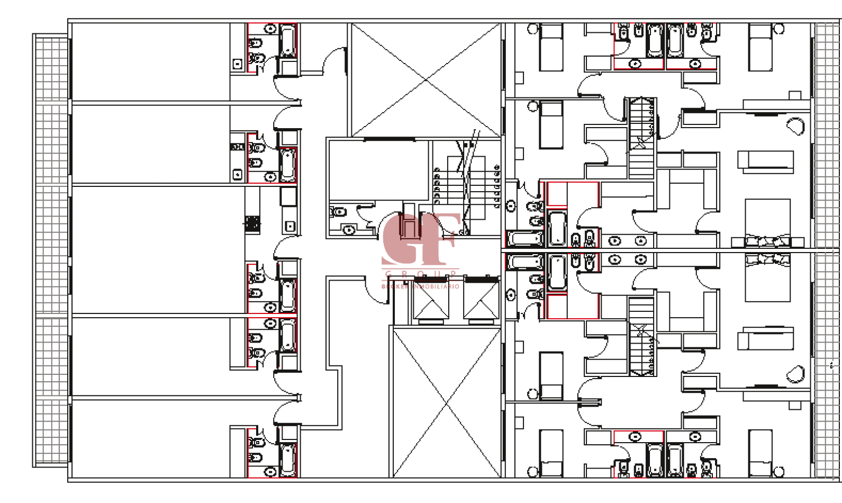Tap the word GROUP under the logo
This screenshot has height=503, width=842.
(x=421, y=274)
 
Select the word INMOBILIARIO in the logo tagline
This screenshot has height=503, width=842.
(x=436, y=286)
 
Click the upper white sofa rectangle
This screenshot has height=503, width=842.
(x=765, y=159)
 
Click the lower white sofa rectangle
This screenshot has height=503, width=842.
(x=765, y=341)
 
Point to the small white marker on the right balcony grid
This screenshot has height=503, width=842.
(x=831, y=365)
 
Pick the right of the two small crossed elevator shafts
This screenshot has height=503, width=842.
(x=481, y=301)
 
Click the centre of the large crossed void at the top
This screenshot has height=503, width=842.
(x=426, y=80)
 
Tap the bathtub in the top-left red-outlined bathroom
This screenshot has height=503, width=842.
(x=288, y=41)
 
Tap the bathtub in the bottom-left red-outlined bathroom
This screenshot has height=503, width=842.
(x=288, y=459)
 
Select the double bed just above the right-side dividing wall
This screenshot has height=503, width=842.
(x=767, y=222)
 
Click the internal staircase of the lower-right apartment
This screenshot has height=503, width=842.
(x=641, y=336)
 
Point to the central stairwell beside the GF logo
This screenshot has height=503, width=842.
(x=466, y=185)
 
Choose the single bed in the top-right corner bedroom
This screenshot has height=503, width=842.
(x=760, y=48)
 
